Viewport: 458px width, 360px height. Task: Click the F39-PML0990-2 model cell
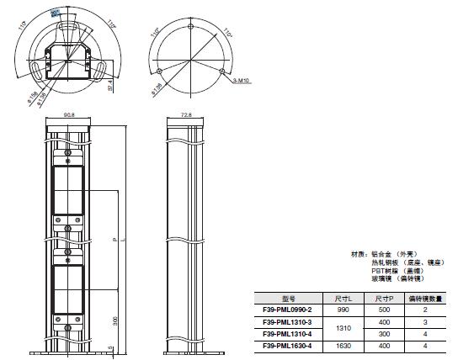pyautogui.click(x=288, y=310)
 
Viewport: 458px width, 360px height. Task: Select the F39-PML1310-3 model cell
pyautogui.click(x=288, y=321)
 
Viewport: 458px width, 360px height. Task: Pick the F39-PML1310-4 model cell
pyautogui.click(x=288, y=333)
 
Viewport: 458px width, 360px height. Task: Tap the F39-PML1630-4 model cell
pyautogui.click(x=288, y=345)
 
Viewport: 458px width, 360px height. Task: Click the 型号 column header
pyautogui.click(x=288, y=298)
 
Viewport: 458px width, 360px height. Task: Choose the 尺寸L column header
pyautogui.click(x=343, y=298)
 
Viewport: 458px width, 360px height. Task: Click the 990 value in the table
pyautogui.click(x=343, y=310)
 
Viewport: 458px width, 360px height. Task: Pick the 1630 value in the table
pyautogui.click(x=343, y=345)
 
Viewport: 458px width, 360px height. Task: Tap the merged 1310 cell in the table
pyautogui.click(x=343, y=327)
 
